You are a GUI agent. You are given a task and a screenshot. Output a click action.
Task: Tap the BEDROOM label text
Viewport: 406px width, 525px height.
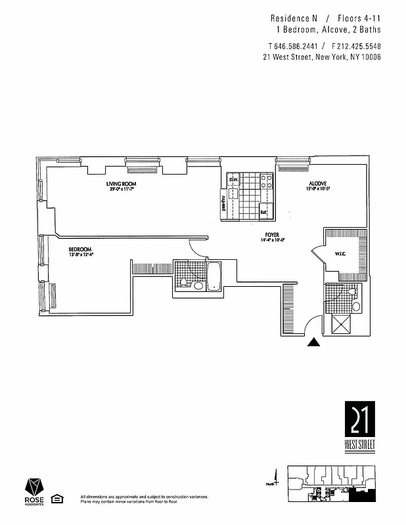point(81,249)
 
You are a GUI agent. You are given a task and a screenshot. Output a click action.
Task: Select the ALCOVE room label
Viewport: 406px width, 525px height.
point(319,184)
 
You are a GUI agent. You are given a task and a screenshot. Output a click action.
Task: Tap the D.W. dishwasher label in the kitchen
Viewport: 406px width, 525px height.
point(233,179)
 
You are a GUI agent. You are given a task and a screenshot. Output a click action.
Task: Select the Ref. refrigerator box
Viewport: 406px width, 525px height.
point(264,212)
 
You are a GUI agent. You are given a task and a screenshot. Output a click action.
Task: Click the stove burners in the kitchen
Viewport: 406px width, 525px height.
point(267,182)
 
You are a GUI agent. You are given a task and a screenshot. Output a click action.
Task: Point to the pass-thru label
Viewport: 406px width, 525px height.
point(223,203)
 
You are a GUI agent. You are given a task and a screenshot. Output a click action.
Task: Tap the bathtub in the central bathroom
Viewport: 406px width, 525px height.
point(215,276)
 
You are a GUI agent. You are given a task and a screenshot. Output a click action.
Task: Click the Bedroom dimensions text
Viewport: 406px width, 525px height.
point(81,255)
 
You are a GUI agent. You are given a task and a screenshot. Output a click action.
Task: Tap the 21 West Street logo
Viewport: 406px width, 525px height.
point(359,426)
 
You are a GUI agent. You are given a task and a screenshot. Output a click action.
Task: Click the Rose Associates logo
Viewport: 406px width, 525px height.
point(35,493)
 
